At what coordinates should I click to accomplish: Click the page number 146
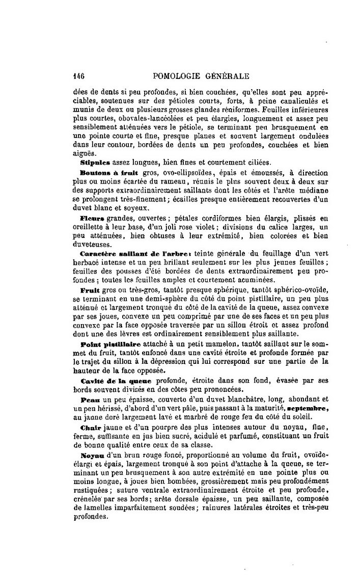78,76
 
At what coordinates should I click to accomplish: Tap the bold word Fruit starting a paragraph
90,290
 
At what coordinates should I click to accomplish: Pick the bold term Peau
89,400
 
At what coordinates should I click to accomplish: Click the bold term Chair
90,427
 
